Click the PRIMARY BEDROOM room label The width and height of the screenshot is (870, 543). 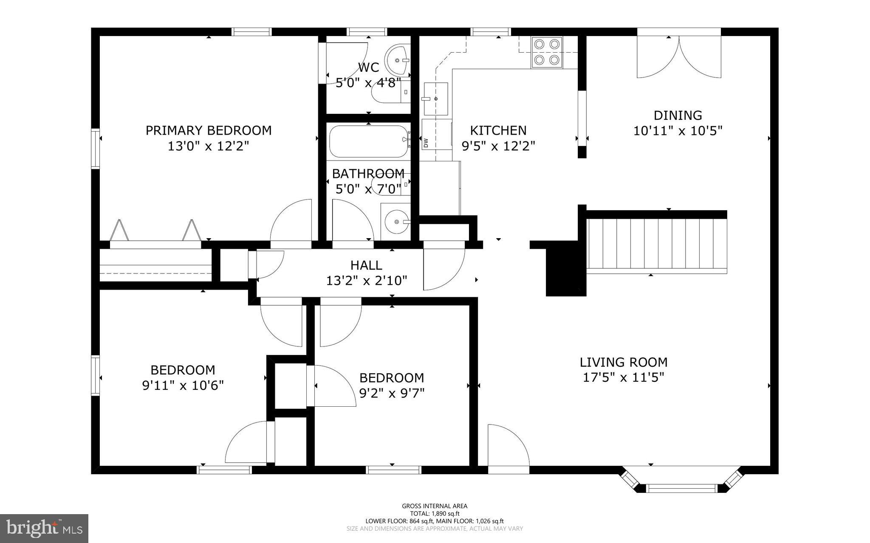(x=209, y=130)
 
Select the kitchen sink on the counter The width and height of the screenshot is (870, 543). (x=436, y=99)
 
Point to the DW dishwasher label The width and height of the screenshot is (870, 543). (x=426, y=143)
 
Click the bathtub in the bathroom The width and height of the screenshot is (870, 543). (x=369, y=142)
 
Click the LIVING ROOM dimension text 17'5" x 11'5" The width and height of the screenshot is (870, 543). (x=623, y=377)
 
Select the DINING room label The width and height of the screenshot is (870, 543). (x=678, y=115)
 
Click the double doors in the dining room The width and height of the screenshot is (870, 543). (x=679, y=57)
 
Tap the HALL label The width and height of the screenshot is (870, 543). (x=366, y=265)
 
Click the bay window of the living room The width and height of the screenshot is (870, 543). (x=681, y=480)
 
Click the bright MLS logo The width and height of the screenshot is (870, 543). (x=44, y=529)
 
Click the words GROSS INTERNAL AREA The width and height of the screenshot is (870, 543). (x=435, y=506)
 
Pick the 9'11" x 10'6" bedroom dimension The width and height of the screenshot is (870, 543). (x=183, y=385)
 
